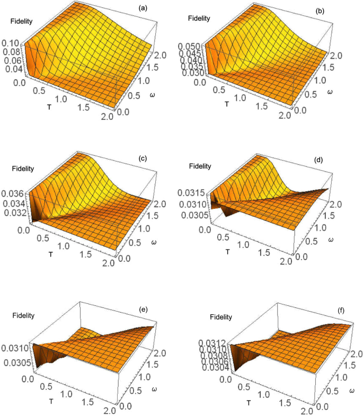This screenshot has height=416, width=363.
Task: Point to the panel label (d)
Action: [x=318, y=158]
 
